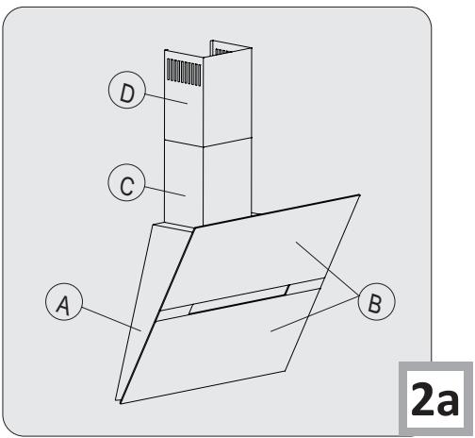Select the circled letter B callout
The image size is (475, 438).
pyautogui.click(x=376, y=304)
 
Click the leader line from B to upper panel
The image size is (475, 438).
pyautogui.click(x=325, y=270)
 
